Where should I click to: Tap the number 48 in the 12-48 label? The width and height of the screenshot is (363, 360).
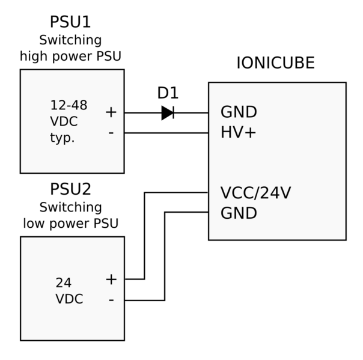[x=79, y=106]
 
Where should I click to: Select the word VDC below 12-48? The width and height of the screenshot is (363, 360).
[x=64, y=121]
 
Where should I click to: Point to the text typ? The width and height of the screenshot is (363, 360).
[x=62, y=138]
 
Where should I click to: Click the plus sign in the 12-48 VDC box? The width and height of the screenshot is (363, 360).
[x=111, y=112]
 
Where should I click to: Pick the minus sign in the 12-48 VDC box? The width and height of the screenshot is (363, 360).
[x=111, y=132]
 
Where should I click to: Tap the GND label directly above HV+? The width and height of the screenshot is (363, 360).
[x=239, y=112]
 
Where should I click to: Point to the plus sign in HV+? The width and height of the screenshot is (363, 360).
[x=251, y=132]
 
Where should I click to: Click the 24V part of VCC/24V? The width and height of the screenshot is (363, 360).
[x=276, y=194]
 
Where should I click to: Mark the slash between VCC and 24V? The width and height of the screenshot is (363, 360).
[x=257, y=194]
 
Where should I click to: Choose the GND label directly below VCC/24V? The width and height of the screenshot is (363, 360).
[x=239, y=213]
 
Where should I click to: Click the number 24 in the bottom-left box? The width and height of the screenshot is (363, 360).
[x=63, y=283]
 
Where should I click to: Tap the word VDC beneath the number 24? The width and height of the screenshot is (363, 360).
[x=69, y=299]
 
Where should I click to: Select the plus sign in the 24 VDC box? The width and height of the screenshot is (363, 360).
[x=111, y=279]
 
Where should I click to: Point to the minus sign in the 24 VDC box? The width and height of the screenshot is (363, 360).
[x=111, y=299]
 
